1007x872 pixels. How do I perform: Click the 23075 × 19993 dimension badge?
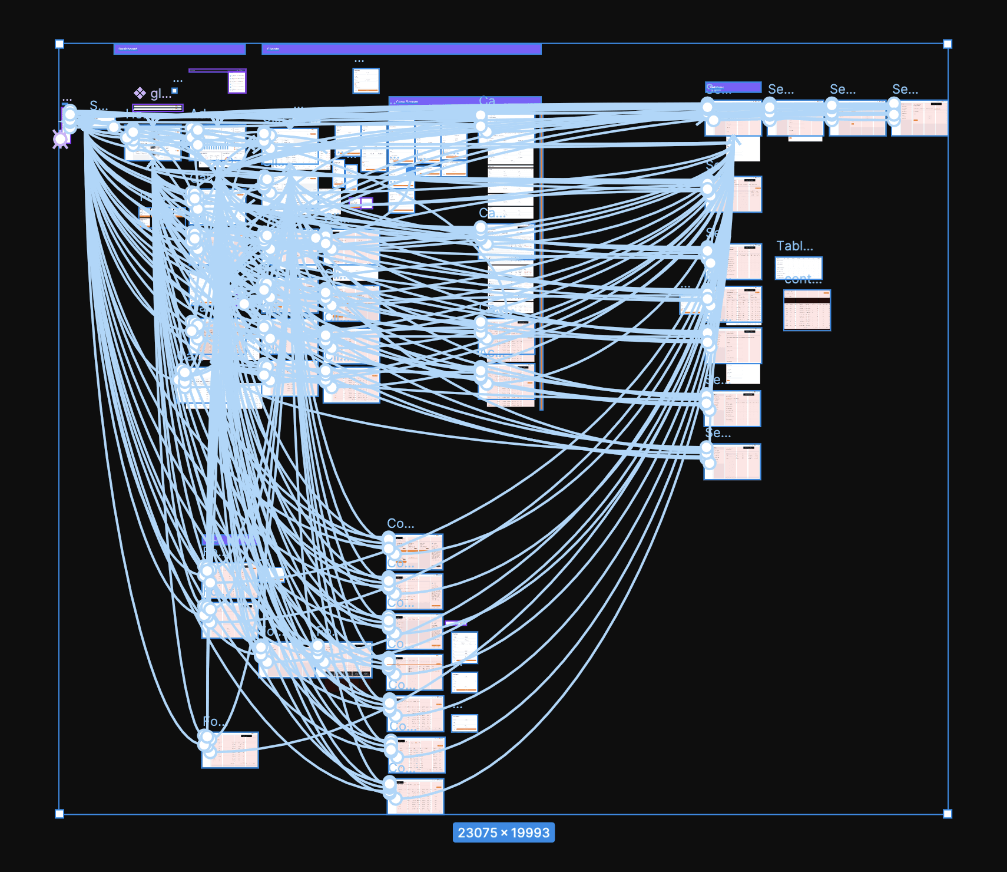[x=503, y=833]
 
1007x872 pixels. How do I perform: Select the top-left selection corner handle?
[x=59, y=44]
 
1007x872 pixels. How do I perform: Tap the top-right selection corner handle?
[x=948, y=44]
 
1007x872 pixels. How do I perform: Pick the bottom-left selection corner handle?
[x=59, y=814]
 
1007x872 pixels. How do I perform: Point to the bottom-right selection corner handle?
[x=948, y=814]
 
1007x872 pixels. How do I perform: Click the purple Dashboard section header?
[x=179, y=49]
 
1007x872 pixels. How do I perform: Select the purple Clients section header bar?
[x=401, y=49]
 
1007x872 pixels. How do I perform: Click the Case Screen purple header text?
[x=407, y=101]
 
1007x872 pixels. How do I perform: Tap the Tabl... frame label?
[x=794, y=246]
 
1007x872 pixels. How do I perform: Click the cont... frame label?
[x=803, y=279]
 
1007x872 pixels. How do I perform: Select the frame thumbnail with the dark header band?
[x=807, y=310]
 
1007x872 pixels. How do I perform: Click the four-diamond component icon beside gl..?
[x=140, y=93]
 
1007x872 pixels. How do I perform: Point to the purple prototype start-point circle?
[x=60, y=139]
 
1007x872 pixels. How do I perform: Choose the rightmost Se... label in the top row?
[x=905, y=90]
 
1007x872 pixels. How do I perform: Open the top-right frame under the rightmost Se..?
[x=919, y=118]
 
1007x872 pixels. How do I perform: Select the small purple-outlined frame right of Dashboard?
[x=237, y=82]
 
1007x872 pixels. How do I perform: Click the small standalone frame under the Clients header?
[x=366, y=81]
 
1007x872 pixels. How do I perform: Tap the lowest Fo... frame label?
[x=214, y=722]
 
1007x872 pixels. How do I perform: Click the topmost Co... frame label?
[x=400, y=523]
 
